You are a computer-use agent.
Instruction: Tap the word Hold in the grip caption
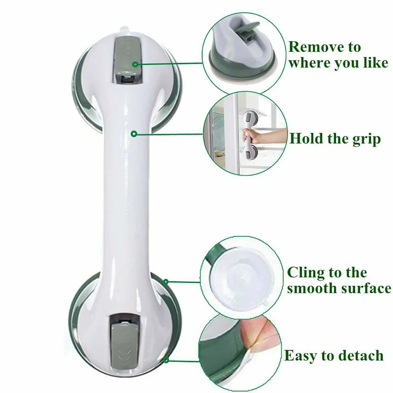(x=305, y=138)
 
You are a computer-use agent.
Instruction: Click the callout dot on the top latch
(x=135, y=64)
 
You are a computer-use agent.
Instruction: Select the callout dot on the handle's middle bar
(x=134, y=134)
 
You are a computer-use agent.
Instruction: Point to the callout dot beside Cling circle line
(x=166, y=282)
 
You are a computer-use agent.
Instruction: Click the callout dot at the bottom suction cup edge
(x=167, y=360)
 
